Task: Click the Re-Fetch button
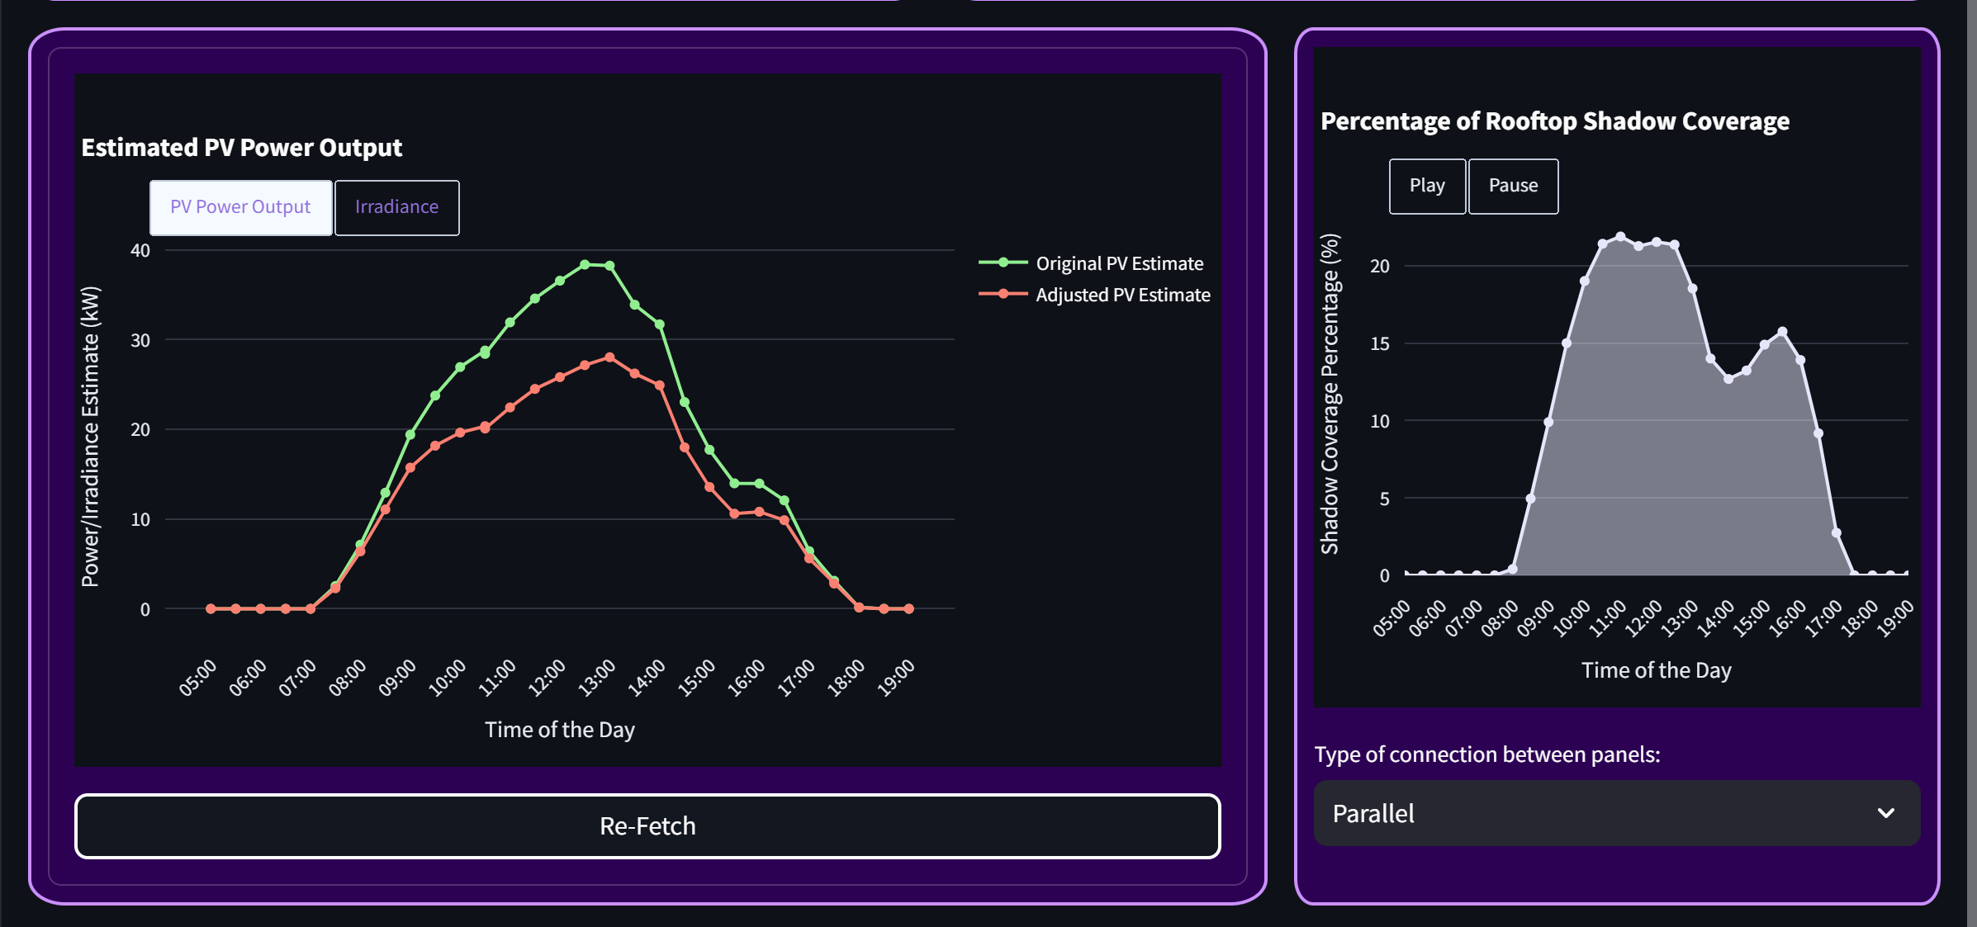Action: [x=647, y=826]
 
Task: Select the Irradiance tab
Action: [x=396, y=207]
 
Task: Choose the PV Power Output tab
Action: [x=240, y=207]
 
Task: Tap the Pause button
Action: [x=1513, y=186]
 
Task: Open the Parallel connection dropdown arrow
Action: [x=1885, y=813]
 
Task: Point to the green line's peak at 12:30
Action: [x=585, y=265]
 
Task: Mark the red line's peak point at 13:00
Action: [x=609, y=357]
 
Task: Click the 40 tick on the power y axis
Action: [x=140, y=250]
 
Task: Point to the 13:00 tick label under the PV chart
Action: [x=596, y=678]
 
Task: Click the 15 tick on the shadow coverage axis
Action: [x=1380, y=343]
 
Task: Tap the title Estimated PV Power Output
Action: [x=241, y=148]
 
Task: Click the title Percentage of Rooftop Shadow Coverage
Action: [x=1554, y=121]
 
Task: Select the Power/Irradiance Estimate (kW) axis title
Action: [x=90, y=437]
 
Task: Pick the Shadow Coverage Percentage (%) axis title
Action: [x=1330, y=394]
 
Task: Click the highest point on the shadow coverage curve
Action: [x=1620, y=237]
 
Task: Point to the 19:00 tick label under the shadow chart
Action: [x=1894, y=618]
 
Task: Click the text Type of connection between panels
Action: [x=1486, y=754]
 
